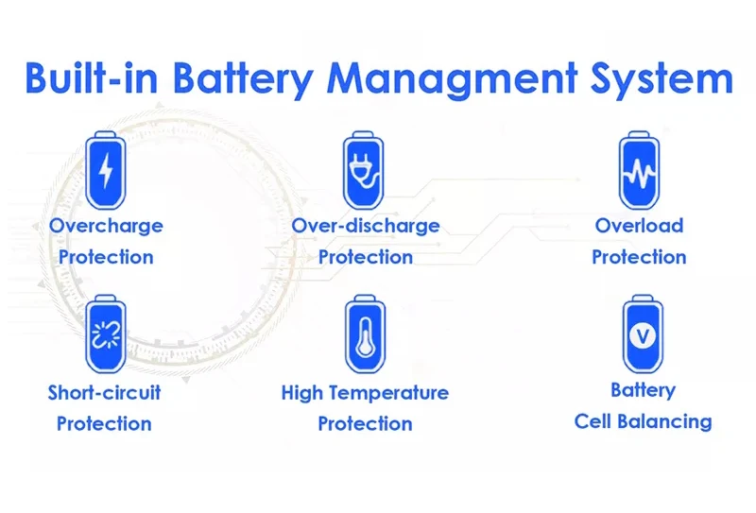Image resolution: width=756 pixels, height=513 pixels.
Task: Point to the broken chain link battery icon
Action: tap(105, 336)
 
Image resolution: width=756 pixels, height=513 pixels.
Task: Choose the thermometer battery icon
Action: tap(364, 336)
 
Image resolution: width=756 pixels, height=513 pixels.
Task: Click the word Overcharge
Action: tap(106, 226)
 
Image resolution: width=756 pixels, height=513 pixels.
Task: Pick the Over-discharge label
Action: tap(366, 226)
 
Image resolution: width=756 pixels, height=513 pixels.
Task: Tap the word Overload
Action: tap(639, 226)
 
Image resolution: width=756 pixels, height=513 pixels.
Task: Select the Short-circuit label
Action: tap(104, 392)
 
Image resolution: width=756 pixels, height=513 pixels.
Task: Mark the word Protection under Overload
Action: tap(639, 257)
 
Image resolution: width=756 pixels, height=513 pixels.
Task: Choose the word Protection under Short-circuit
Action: tap(104, 423)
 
